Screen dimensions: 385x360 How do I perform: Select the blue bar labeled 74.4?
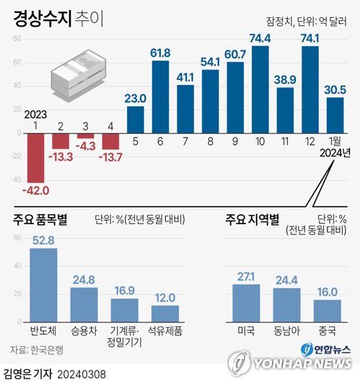coord(260,89)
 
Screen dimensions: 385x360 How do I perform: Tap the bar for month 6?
coord(160,97)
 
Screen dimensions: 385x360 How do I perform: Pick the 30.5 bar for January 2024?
coord(335,115)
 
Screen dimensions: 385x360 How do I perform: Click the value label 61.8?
coord(160,53)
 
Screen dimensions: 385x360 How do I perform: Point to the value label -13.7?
coord(110,157)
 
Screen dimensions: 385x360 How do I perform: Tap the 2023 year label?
coord(35,114)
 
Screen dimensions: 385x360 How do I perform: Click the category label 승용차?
coord(84,329)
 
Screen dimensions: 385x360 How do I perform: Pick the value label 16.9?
coord(124,291)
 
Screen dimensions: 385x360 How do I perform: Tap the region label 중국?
coord(327,329)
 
